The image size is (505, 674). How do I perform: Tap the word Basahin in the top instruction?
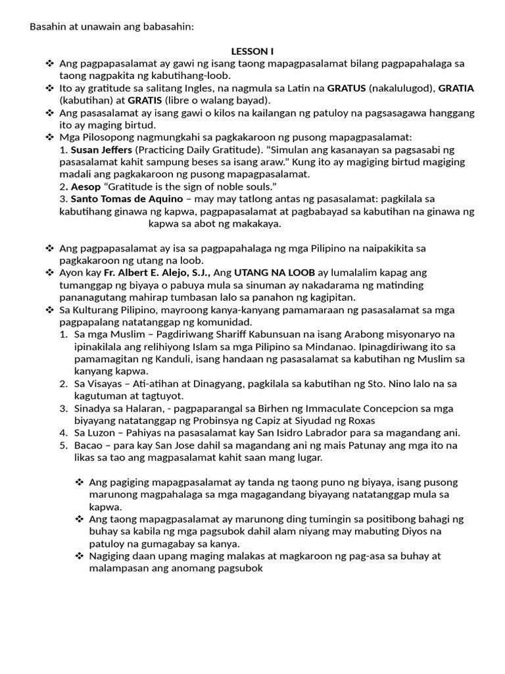click(48, 27)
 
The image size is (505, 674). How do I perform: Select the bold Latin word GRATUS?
click(347, 88)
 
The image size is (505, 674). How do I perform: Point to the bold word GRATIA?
click(456, 88)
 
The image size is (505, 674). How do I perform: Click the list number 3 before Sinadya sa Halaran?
click(62, 409)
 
